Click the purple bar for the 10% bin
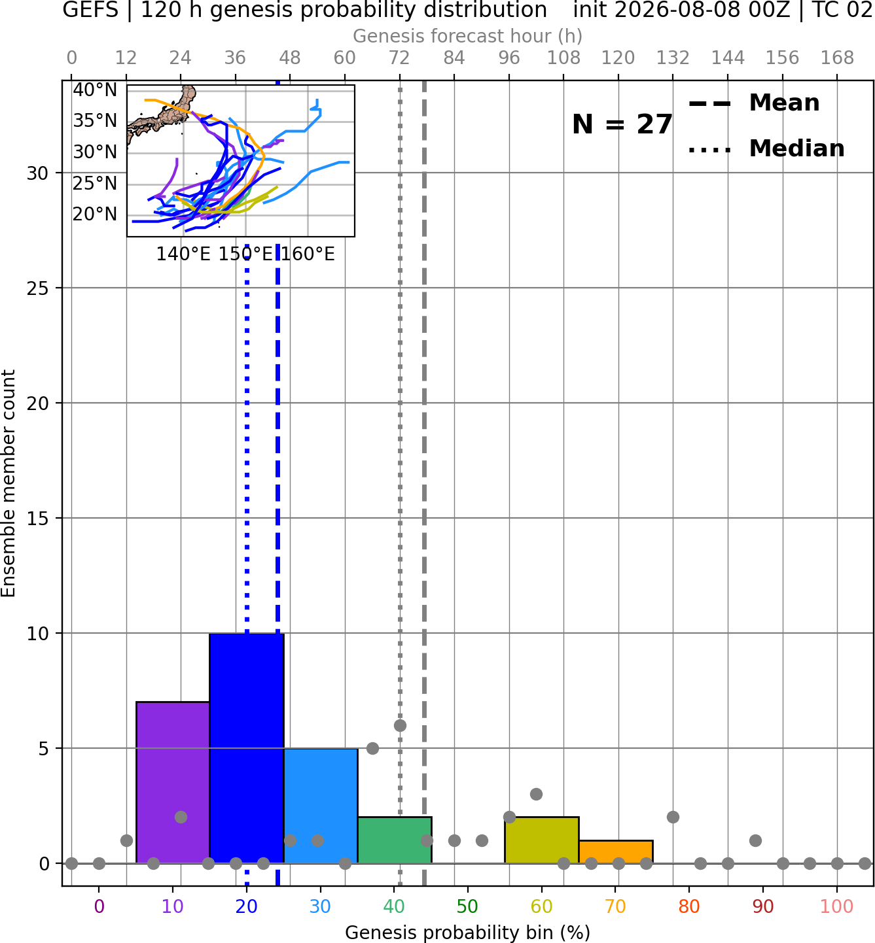pyautogui.click(x=173, y=782)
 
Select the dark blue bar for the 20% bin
pyautogui.click(x=247, y=748)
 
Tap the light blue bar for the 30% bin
pyautogui.click(x=320, y=805)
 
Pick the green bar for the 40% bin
pyautogui.click(x=395, y=840)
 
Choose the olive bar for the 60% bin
pyautogui.click(x=542, y=840)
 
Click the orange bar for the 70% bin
pyautogui.click(x=615, y=851)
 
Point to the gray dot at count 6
pyautogui.click(x=400, y=725)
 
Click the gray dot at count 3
pyautogui.click(x=536, y=794)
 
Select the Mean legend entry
pyautogui.click(x=755, y=103)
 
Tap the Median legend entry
pyautogui.click(x=766, y=148)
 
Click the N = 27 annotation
pyautogui.click(x=622, y=124)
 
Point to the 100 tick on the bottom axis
pyautogui.click(x=837, y=906)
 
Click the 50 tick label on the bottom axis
pyautogui.click(x=467, y=906)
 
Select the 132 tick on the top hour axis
pyautogui.click(x=673, y=58)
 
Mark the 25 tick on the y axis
pyautogui.click(x=38, y=288)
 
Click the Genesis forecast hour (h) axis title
pyautogui.click(x=468, y=36)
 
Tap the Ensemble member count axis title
pyautogui.click(x=9, y=483)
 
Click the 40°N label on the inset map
pyautogui.click(x=95, y=90)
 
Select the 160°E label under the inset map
pyautogui.click(x=308, y=254)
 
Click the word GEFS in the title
pyautogui.click(x=90, y=10)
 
